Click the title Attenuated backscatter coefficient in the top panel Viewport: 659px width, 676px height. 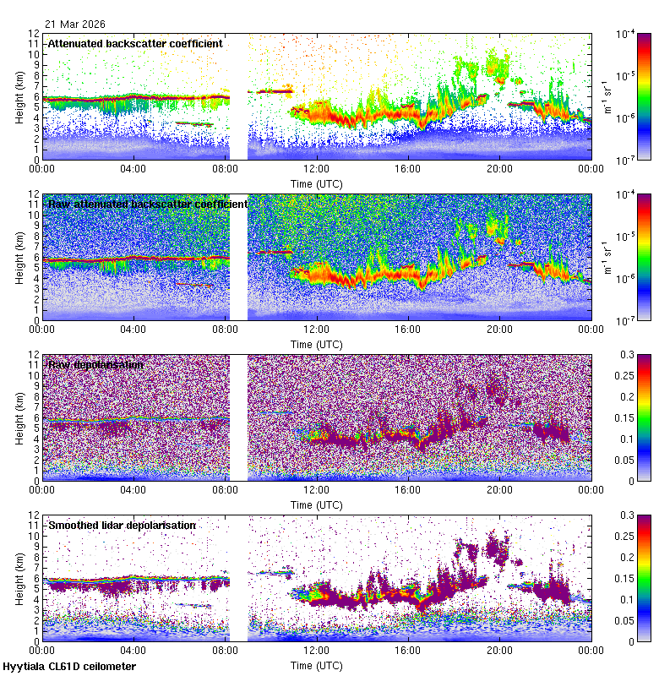(x=135, y=43)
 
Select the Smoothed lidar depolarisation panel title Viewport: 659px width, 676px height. (x=122, y=525)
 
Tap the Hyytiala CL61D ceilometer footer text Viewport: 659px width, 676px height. (x=69, y=667)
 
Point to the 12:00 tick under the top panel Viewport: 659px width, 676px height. (x=317, y=168)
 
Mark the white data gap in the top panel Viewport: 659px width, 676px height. (x=238, y=95)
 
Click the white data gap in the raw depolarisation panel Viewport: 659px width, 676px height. (x=238, y=417)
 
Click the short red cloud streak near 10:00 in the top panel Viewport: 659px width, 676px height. (x=275, y=90)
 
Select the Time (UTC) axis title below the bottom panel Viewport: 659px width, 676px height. (x=317, y=665)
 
